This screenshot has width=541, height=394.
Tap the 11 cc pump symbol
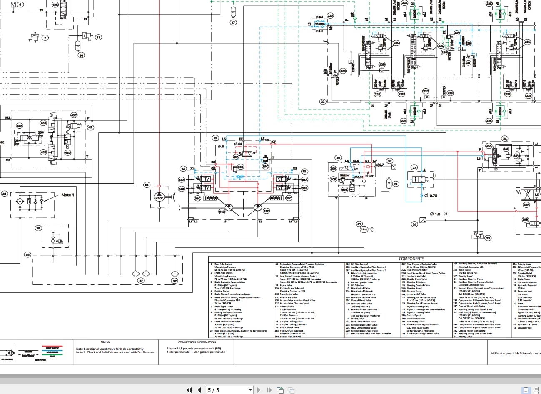(364, 229)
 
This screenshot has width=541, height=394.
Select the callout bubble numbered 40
(5, 194)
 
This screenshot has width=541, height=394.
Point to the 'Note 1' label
(67, 195)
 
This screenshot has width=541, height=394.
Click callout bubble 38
(27, 254)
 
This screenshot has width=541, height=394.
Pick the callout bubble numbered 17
(233, 22)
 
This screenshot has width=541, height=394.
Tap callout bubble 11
(98, 37)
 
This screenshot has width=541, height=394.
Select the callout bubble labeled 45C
(74, 115)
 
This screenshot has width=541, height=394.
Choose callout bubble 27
(414, 167)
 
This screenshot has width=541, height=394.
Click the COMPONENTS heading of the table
(411, 259)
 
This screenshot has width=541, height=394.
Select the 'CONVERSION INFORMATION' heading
(197, 342)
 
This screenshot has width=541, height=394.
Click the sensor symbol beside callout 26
(423, 219)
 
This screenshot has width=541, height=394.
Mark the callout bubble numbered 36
(147, 185)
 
